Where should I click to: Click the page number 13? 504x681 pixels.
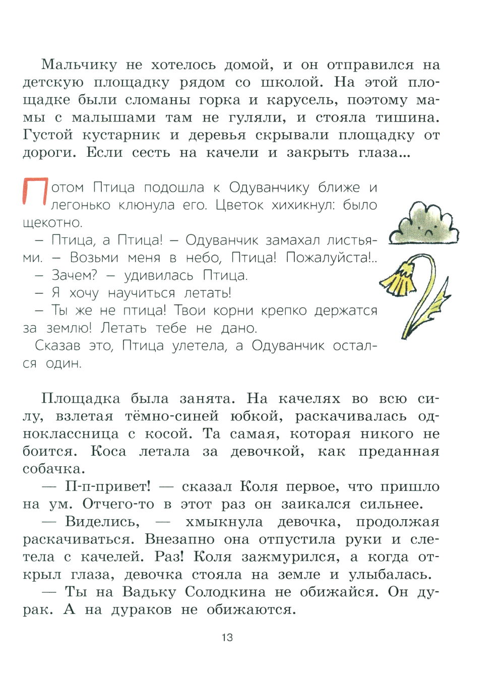click(227, 638)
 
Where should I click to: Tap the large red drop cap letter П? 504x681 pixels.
click(35, 192)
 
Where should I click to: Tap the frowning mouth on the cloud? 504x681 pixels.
click(428, 232)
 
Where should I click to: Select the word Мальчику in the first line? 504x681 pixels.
click(79, 65)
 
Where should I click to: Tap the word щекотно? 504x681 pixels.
click(52, 223)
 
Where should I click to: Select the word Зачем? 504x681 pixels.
click(74, 275)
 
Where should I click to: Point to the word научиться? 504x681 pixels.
click(142, 293)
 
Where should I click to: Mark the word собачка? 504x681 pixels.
click(53, 469)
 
